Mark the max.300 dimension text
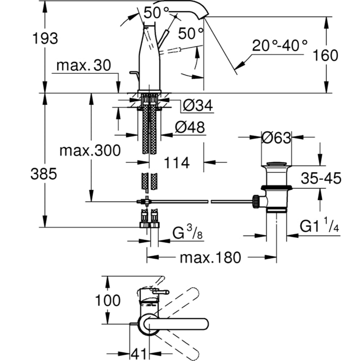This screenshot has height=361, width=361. click(x=90, y=151)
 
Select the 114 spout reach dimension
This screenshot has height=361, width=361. click(x=176, y=163)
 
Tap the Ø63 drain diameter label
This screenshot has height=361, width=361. click(x=276, y=137)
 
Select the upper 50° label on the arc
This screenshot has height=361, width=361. click(x=156, y=13)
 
